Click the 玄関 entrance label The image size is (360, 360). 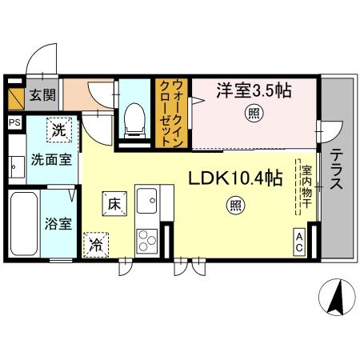[x=43, y=95]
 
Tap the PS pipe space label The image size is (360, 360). [x=14, y=122]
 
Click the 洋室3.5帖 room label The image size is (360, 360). [x=253, y=90]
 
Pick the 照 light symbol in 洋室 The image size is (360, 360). [x=251, y=114]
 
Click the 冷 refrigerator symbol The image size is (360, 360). [x=96, y=244]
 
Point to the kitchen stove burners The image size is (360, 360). [x=147, y=238]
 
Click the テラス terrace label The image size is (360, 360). [x=336, y=170]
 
